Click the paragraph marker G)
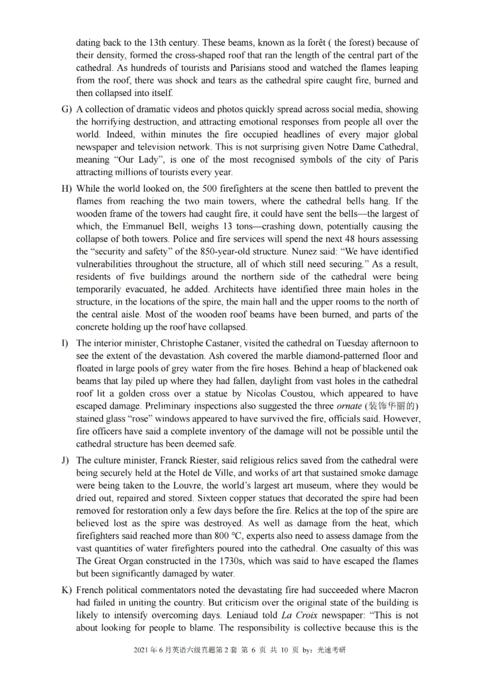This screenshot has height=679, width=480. tap(67, 109)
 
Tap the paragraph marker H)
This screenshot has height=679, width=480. tap(67, 189)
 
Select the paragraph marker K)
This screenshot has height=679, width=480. tap(67, 590)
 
